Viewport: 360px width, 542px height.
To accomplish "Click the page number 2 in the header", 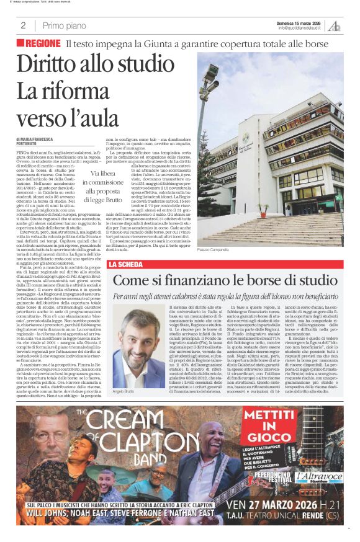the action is click(x=23, y=25).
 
